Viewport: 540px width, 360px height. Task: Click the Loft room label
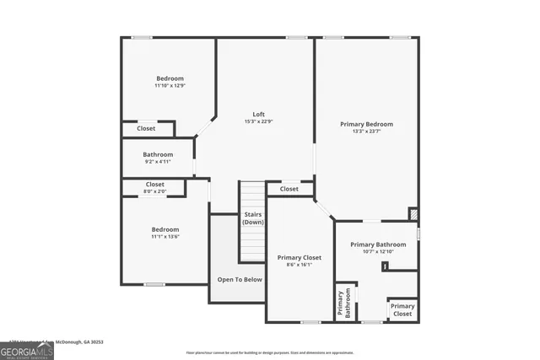[259, 115]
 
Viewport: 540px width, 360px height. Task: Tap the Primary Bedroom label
[366, 124]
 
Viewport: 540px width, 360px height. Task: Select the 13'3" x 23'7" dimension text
[366, 131]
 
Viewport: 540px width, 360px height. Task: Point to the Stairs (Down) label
[252, 218]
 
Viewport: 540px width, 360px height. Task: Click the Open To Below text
[240, 279]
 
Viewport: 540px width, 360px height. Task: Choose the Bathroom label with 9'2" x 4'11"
[158, 154]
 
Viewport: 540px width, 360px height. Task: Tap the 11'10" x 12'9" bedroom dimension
[170, 85]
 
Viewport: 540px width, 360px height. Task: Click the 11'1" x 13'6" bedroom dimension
[165, 236]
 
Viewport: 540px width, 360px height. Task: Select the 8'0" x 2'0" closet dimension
[155, 191]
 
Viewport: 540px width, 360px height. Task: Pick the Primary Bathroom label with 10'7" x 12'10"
[378, 244]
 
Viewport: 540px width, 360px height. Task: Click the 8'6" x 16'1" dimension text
[300, 265]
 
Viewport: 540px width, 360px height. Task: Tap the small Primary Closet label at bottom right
[402, 309]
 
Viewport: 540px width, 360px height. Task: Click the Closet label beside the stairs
[289, 189]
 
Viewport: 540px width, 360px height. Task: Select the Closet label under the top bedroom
[146, 129]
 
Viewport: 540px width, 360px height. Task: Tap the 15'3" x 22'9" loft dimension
[259, 121]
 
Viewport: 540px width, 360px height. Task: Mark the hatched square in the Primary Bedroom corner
[413, 214]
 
